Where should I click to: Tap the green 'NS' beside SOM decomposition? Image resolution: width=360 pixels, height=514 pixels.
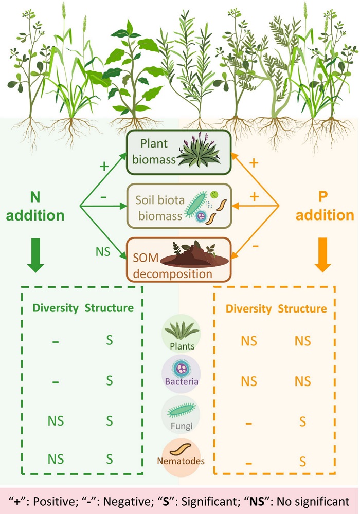[x=104, y=252]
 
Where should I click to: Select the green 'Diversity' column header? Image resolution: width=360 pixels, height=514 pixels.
[x=56, y=308]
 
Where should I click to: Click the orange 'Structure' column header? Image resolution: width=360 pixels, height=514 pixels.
[x=302, y=309]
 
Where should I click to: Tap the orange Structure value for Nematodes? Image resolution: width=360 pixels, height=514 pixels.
[x=302, y=462]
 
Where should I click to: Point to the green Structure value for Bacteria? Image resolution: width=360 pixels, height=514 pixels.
[x=109, y=381]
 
